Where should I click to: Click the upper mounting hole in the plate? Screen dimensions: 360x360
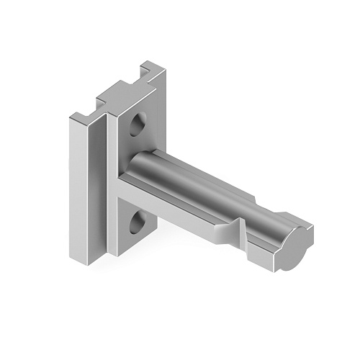click(138, 125)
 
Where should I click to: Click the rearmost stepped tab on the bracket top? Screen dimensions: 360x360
click(153, 68)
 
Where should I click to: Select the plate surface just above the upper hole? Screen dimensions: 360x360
click(140, 108)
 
